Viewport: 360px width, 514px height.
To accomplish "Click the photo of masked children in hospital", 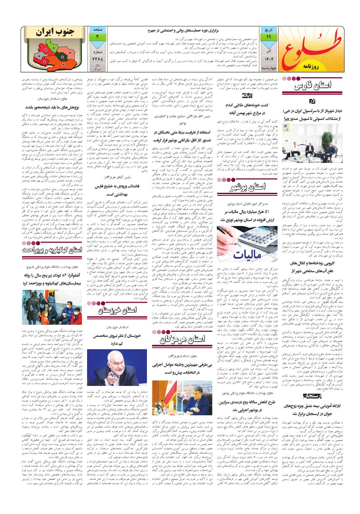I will coord(52,308).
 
